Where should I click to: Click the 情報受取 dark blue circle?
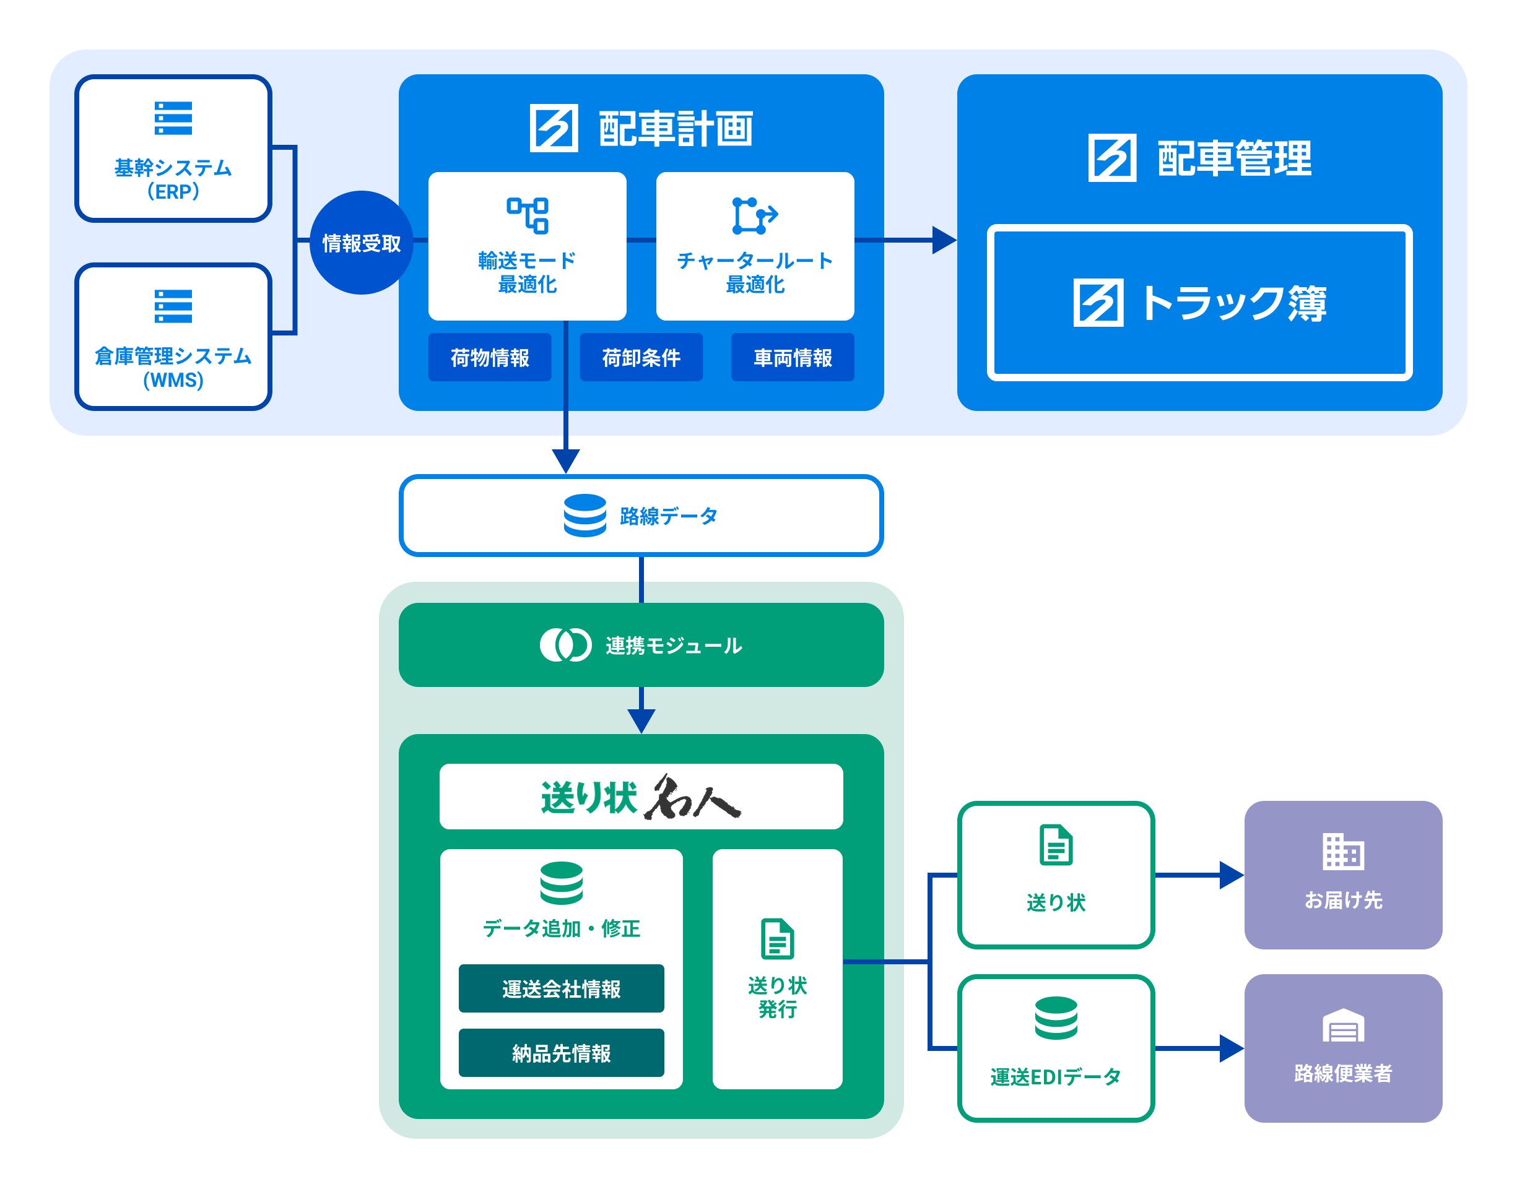click(361, 243)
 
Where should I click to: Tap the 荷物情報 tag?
click(489, 357)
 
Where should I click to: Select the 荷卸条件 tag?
click(641, 357)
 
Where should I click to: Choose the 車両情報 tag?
click(792, 357)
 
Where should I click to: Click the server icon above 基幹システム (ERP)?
click(173, 118)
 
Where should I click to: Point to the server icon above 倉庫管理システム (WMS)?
click(173, 306)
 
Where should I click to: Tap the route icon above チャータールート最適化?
click(754, 215)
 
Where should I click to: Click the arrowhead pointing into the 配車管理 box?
click(944, 240)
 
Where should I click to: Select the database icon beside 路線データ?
click(585, 515)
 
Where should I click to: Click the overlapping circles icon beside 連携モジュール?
click(565, 645)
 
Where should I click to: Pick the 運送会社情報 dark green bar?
click(561, 988)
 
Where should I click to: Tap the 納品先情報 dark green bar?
click(561, 1053)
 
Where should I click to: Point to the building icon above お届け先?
click(1342, 851)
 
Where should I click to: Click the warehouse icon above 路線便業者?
click(1342, 1026)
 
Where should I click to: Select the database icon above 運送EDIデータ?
click(1056, 1018)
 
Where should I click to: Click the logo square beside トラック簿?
click(1098, 303)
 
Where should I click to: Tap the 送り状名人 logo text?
click(641, 797)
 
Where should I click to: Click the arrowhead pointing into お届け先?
click(1232, 875)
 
